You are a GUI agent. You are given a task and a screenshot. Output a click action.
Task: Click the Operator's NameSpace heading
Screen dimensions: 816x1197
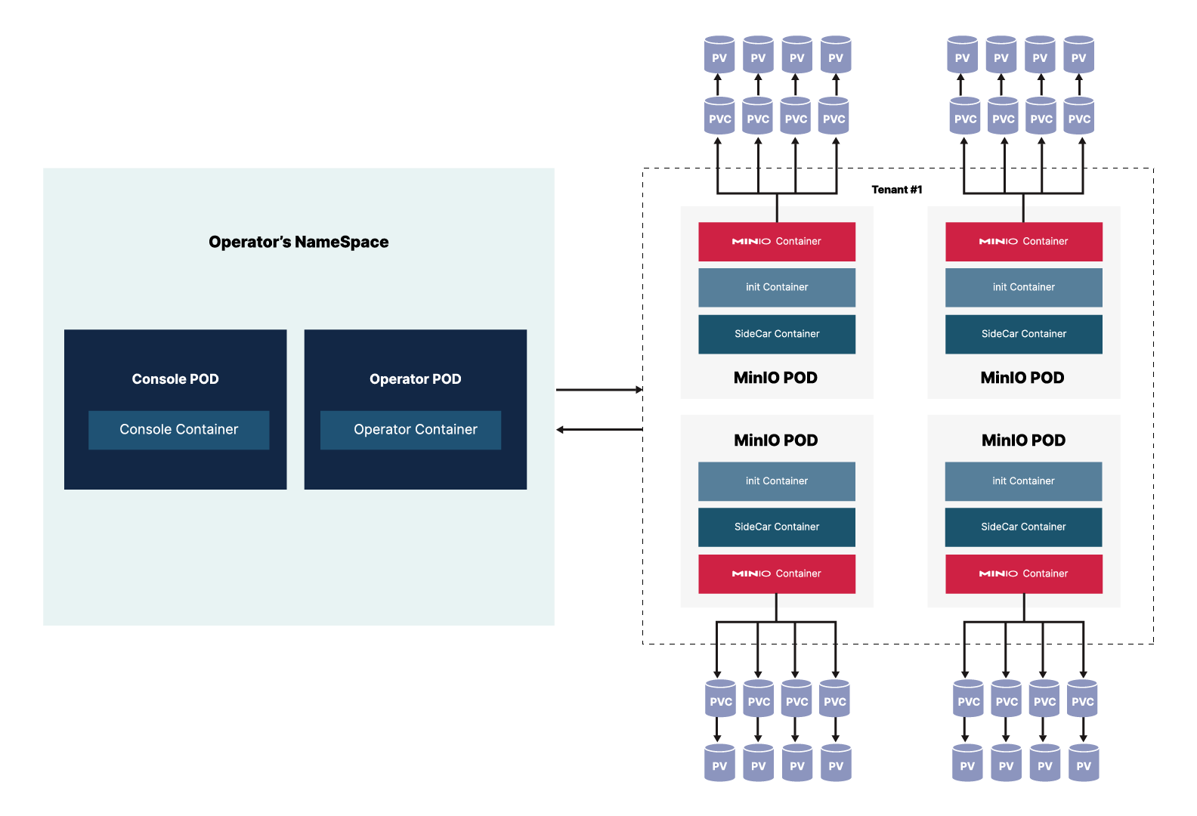(x=298, y=242)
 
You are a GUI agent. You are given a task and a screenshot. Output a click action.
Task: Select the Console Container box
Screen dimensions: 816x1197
(x=178, y=430)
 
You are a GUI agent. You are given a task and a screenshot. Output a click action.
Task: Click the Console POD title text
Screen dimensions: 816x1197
(x=175, y=379)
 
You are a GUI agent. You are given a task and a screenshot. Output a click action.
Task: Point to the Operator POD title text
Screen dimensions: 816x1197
(x=415, y=379)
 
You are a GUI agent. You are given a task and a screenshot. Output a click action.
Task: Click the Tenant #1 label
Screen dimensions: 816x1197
(x=897, y=190)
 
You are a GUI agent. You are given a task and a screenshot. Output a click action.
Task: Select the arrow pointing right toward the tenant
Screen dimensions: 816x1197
(x=598, y=390)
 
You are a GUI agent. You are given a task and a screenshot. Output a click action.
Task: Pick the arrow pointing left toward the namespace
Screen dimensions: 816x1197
(x=598, y=430)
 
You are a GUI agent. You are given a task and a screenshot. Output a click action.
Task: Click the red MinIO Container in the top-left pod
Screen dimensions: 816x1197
(x=777, y=242)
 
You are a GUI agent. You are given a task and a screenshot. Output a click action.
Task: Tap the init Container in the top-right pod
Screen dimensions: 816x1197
(x=1023, y=287)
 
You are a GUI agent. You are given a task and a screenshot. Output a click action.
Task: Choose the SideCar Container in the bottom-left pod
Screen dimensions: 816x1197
(x=777, y=527)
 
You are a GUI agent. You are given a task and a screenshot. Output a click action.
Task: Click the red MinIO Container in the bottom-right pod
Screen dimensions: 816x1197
(x=1023, y=573)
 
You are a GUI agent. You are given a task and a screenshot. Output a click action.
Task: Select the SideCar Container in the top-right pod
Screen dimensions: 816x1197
(x=1023, y=334)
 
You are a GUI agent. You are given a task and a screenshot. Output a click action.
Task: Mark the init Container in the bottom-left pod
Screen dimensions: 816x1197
(x=777, y=481)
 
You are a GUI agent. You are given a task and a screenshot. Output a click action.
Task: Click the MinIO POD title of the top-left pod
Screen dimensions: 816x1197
(x=775, y=378)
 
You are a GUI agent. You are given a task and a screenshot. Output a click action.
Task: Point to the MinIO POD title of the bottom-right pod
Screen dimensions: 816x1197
(x=1023, y=440)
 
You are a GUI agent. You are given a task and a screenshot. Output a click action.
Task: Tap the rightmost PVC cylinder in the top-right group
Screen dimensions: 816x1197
(x=1079, y=117)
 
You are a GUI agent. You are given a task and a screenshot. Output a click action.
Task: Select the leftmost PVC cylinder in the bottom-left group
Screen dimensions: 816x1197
(x=721, y=700)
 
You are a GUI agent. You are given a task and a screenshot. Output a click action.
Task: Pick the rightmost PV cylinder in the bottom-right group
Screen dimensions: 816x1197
(x=1084, y=764)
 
